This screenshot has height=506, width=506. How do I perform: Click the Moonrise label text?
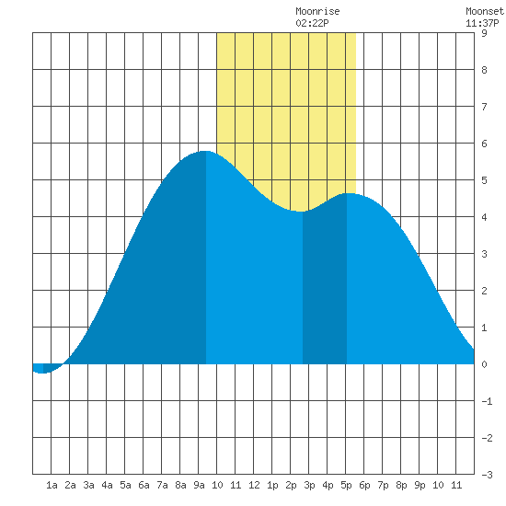317,11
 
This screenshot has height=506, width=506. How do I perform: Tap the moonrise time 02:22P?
312,23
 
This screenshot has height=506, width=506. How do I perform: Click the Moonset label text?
485,11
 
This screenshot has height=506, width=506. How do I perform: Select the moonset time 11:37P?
482,23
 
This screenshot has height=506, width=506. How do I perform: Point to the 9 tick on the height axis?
484,33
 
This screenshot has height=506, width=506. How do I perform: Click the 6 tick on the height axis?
484,144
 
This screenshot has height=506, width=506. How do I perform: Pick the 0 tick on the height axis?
484,364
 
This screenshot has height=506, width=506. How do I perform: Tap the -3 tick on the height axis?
487,475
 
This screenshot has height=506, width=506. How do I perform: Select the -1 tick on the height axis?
487,401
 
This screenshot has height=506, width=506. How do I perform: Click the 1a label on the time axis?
52,485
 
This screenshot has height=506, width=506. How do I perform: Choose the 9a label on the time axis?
199,485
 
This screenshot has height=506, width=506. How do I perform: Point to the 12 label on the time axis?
254,485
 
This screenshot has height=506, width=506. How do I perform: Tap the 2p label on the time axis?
291,485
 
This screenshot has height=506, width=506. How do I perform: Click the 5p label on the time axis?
346,485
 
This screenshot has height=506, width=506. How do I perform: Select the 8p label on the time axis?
401,485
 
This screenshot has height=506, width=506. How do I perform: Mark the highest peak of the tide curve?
205,151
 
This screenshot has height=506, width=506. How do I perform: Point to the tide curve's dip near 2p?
301,212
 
